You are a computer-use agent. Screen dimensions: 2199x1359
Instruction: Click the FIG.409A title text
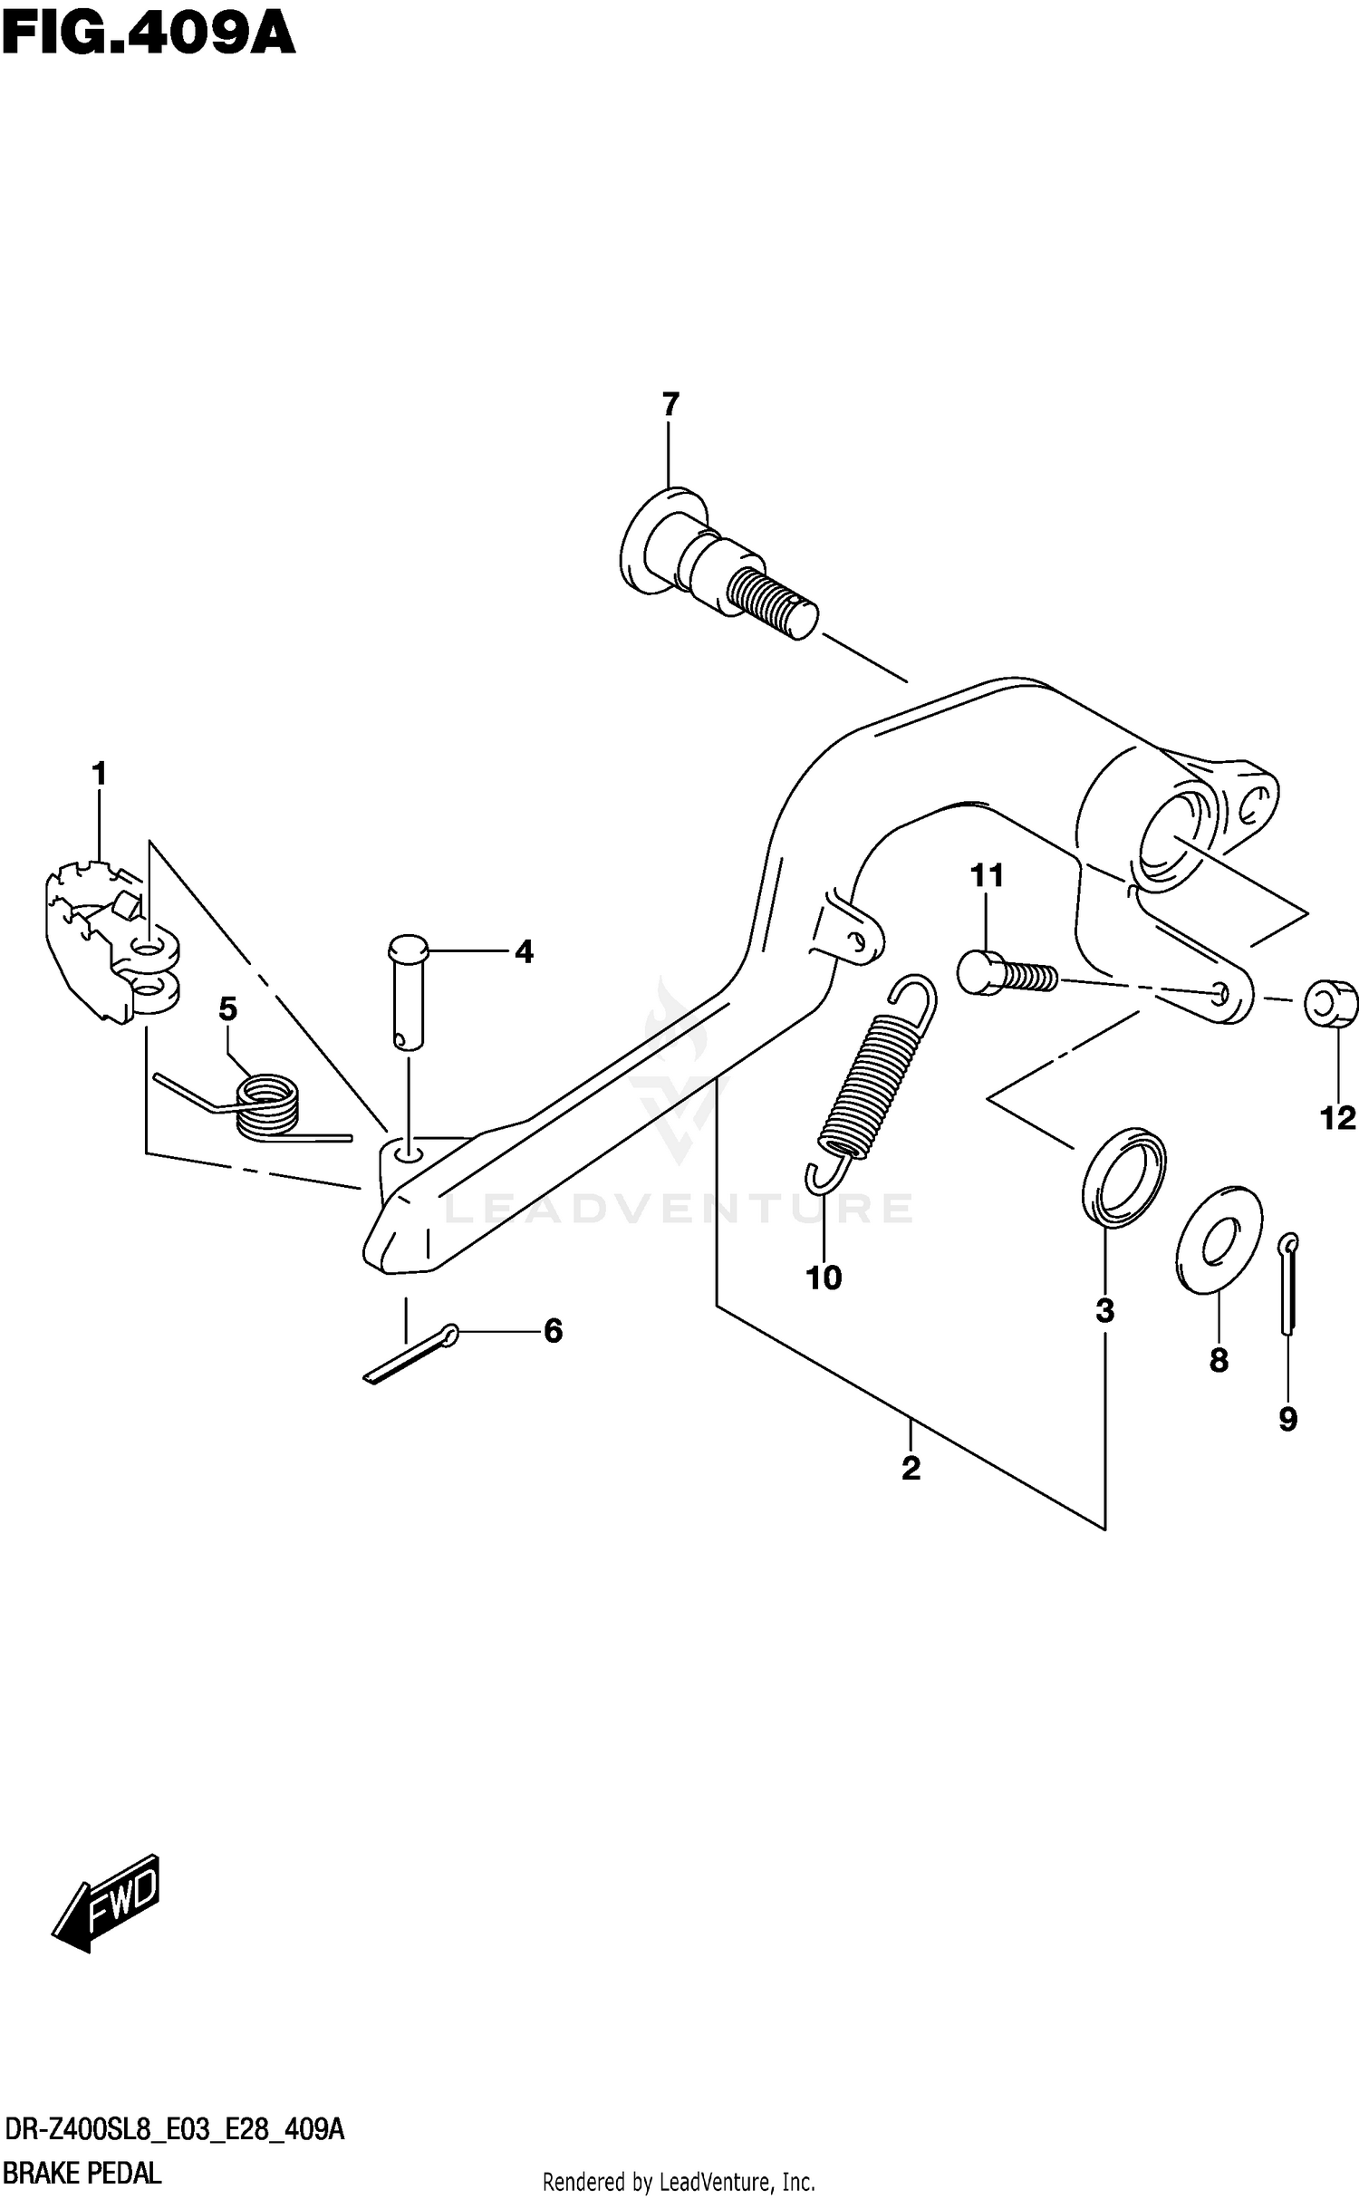pos(148,35)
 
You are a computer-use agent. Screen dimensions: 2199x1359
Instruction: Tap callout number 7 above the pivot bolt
pos(670,404)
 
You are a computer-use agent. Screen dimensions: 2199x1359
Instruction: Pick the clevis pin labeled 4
pos(407,991)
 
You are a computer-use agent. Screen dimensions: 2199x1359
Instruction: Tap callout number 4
pos(524,952)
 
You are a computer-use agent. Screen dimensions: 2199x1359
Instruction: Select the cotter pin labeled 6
pos(413,1354)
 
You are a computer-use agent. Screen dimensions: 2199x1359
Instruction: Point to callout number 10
pos(824,1278)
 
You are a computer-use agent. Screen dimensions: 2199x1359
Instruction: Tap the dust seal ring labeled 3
pos(1123,1177)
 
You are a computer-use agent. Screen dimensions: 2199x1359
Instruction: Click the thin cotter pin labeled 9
pos(1289,1282)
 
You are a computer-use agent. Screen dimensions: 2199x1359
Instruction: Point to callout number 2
pos(911,1467)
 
